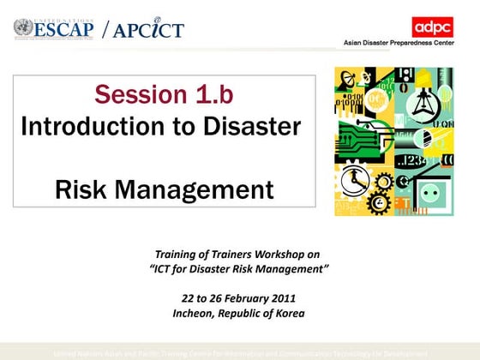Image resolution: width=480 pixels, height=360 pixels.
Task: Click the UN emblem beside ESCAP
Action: (23, 27)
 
